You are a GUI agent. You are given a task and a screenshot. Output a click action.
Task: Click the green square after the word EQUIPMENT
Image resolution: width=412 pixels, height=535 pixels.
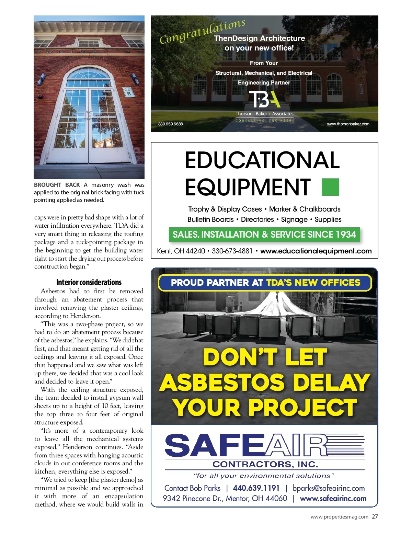[x=330, y=187]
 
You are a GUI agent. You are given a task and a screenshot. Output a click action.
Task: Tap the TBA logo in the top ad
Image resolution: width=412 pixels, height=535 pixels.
[x=264, y=100]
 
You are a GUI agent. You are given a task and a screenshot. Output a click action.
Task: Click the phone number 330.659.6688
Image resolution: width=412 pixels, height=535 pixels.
[x=170, y=124]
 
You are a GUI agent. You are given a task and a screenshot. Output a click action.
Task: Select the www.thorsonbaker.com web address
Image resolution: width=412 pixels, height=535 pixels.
[x=348, y=124]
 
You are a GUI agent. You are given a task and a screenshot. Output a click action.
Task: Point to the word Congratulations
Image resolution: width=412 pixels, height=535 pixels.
[x=203, y=31]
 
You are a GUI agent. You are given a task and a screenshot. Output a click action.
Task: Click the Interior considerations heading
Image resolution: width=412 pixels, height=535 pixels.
[x=89, y=282]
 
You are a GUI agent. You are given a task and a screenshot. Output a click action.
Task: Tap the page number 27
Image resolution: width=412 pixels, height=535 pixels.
[x=375, y=516]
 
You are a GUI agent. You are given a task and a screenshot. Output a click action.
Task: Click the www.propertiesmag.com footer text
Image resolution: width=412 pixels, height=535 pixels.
[x=339, y=517]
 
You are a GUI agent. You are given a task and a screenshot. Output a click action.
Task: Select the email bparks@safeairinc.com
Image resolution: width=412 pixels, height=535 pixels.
[x=328, y=488]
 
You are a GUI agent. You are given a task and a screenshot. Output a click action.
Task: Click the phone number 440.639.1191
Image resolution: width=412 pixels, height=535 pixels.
[x=256, y=488]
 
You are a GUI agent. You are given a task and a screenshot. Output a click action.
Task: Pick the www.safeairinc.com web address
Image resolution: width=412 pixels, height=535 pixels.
[x=333, y=499]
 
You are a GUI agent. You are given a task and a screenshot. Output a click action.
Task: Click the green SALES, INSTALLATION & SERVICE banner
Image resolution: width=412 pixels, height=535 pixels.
[x=264, y=235]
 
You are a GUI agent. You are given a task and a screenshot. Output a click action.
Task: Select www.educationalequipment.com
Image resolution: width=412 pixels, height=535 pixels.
[x=316, y=251]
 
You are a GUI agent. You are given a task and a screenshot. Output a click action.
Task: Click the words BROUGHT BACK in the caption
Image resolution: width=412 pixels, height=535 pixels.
[x=57, y=185]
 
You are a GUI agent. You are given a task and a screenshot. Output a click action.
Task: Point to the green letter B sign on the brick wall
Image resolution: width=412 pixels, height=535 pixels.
[x=129, y=92]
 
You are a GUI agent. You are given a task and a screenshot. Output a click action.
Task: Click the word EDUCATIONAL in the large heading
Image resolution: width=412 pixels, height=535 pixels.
[x=262, y=160]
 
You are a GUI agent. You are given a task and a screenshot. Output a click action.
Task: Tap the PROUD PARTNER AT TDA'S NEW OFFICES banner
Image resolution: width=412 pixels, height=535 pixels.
[x=265, y=283]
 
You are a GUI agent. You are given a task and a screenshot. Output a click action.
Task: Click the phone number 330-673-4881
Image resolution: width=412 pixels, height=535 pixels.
[x=232, y=251]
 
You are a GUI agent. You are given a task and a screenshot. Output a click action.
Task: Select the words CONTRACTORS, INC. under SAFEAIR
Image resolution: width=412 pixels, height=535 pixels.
[x=265, y=464]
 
